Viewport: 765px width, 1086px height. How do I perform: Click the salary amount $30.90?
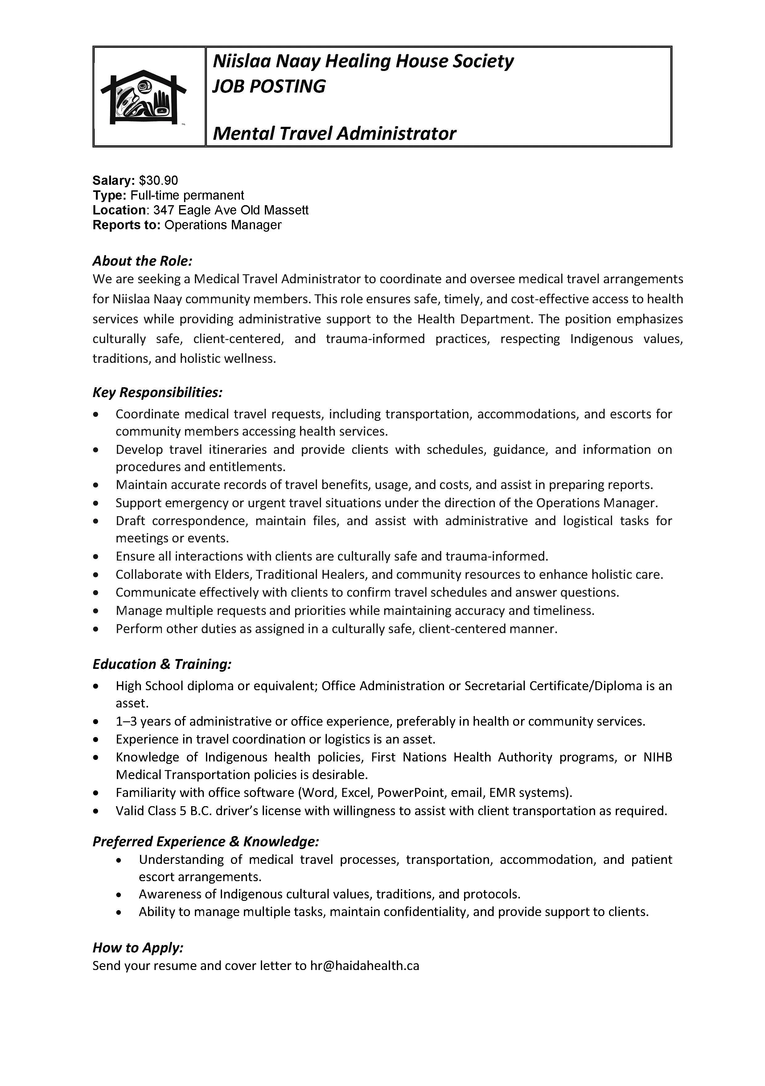click(x=158, y=180)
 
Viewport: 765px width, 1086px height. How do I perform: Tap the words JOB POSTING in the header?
click(x=269, y=87)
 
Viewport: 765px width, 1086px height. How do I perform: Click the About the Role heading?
click(x=142, y=261)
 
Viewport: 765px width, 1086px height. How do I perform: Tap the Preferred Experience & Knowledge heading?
click(x=206, y=841)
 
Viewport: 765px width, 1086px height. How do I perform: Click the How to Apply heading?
click(x=138, y=947)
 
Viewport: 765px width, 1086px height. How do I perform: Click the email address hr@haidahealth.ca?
click(x=364, y=965)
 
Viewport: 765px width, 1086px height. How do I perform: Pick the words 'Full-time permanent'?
click(x=187, y=195)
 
